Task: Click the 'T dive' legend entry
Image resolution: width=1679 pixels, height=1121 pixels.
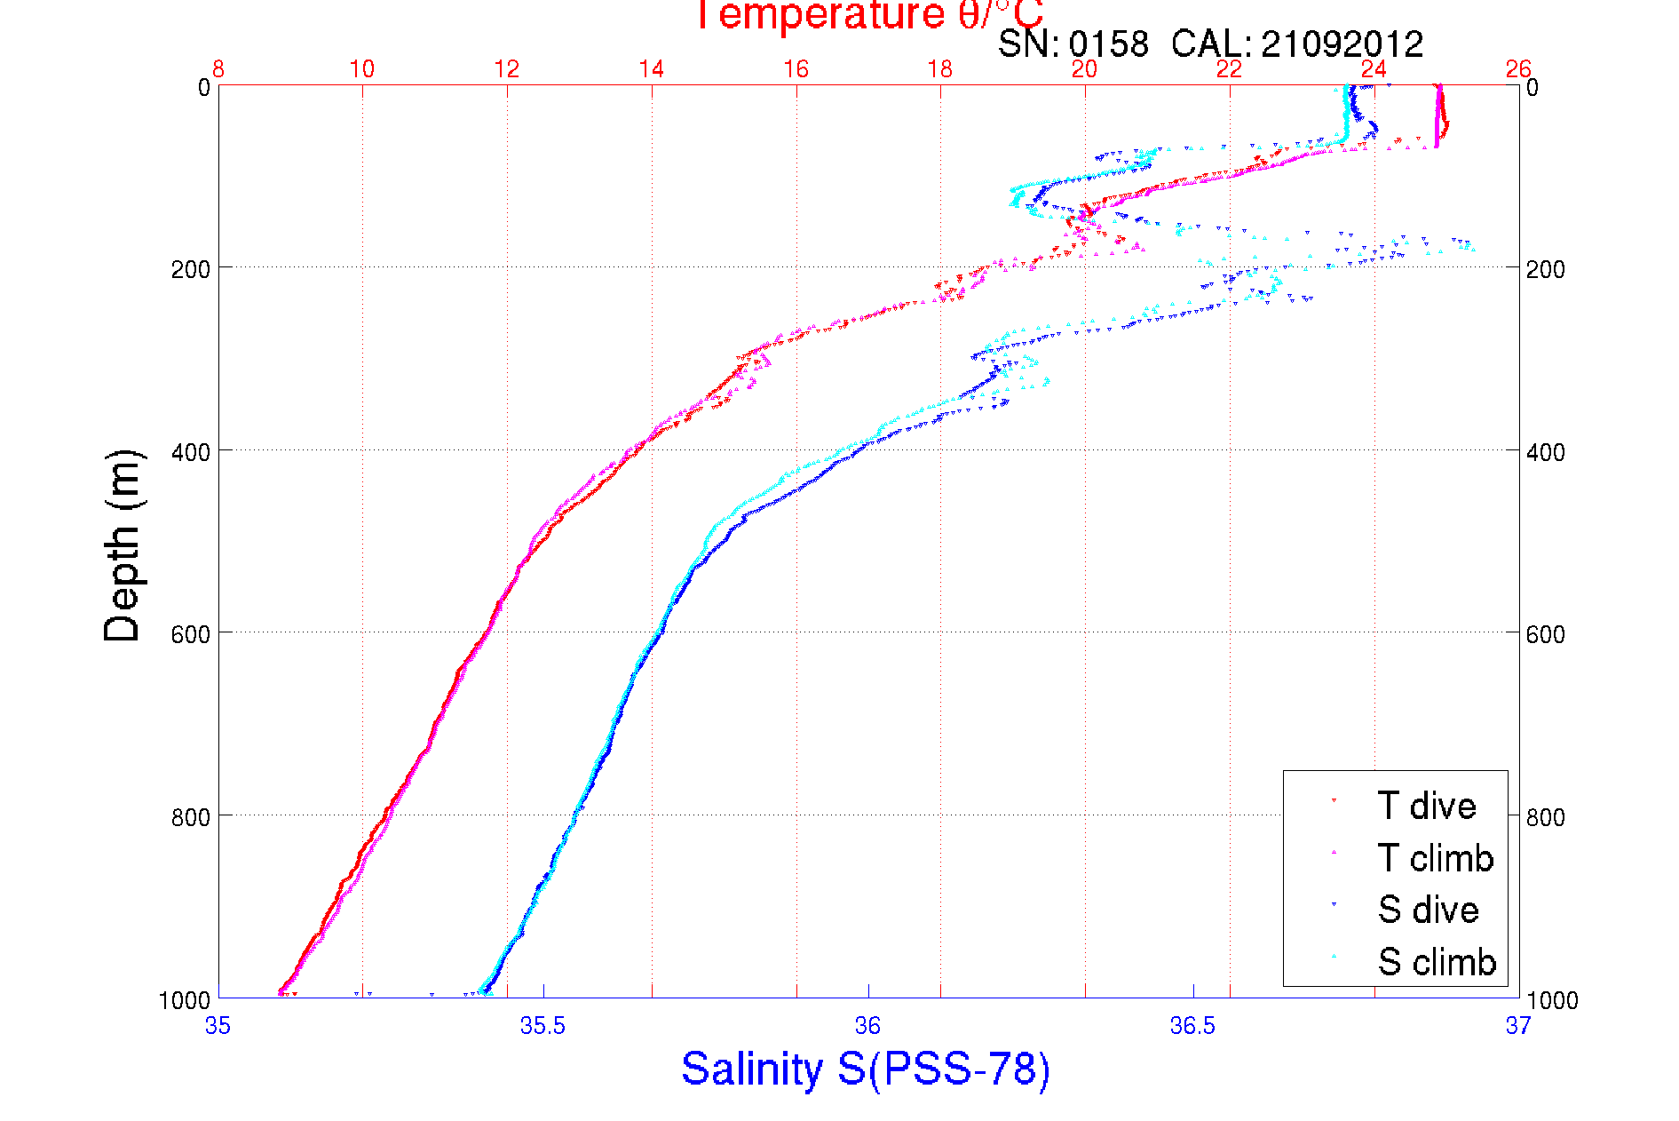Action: pyautogui.click(x=1426, y=806)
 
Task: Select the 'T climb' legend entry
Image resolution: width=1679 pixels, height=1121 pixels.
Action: pyautogui.click(x=1435, y=858)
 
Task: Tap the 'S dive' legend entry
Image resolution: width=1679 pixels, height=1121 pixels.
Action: pyautogui.click(x=1428, y=910)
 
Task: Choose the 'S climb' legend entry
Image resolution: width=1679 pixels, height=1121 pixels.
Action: pyautogui.click(x=1437, y=962)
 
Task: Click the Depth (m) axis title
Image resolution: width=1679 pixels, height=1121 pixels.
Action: pyautogui.click(x=123, y=545)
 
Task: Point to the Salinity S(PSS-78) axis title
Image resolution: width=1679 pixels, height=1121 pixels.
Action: pyautogui.click(x=866, y=1069)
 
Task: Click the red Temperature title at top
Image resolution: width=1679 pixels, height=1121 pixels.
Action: pyautogui.click(x=867, y=15)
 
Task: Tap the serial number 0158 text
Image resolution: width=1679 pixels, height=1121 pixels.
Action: pyautogui.click(x=1108, y=44)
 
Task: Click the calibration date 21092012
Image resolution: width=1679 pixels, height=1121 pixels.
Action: pyautogui.click(x=1342, y=44)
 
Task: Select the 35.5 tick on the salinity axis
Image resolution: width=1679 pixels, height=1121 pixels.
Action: pyautogui.click(x=543, y=1026)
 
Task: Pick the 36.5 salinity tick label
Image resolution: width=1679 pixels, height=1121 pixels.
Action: pyautogui.click(x=1192, y=1026)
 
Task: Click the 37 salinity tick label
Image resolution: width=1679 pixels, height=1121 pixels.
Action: pyautogui.click(x=1517, y=1026)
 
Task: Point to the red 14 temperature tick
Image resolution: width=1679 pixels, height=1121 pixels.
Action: pyautogui.click(x=652, y=69)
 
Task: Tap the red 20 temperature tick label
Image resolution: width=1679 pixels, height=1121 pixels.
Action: pyautogui.click(x=1084, y=69)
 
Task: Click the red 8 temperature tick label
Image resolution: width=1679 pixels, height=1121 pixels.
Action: pyautogui.click(x=218, y=69)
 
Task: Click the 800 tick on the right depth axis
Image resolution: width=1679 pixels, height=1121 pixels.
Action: pyautogui.click(x=1545, y=817)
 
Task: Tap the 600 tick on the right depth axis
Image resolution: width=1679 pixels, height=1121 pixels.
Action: pyautogui.click(x=1545, y=634)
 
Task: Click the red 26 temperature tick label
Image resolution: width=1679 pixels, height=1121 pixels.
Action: pyautogui.click(x=1518, y=69)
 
